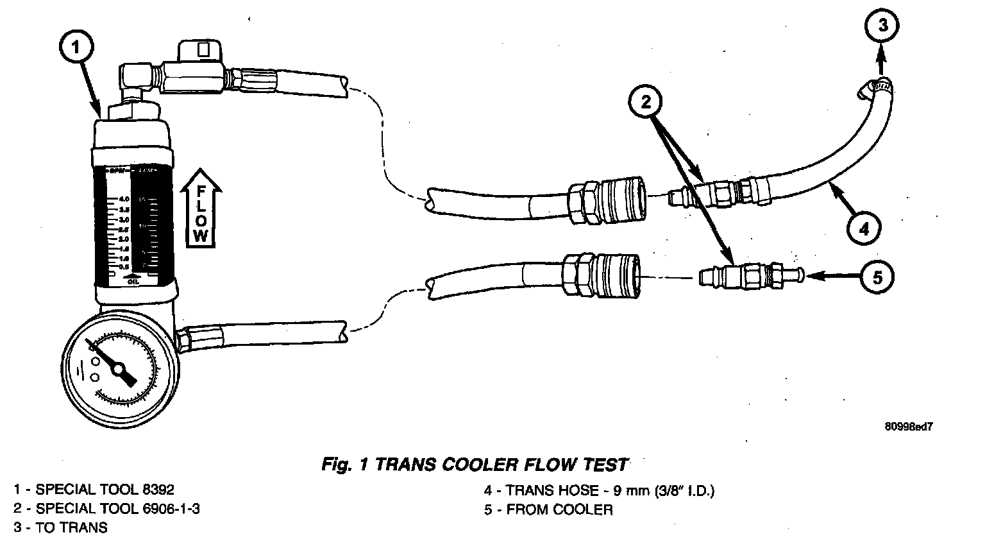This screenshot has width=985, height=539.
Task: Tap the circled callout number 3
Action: (x=883, y=25)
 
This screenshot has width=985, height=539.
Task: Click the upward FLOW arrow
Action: (x=201, y=209)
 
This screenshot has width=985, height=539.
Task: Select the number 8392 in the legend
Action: (x=156, y=490)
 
